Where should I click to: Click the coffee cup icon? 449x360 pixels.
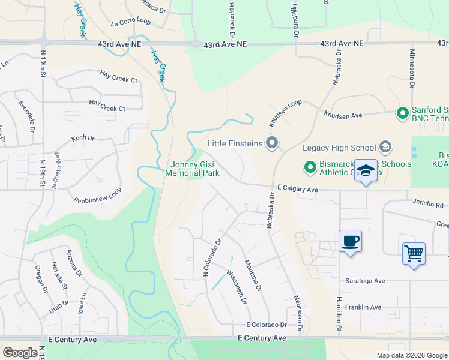[350, 242]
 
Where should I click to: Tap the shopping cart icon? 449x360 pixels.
[414, 254]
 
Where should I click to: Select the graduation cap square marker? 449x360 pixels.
[365, 171]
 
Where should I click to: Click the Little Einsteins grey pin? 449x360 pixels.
[272, 143]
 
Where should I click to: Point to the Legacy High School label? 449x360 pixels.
[339, 148]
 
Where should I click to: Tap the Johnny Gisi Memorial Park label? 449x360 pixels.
[194, 169]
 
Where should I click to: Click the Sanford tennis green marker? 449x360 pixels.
[402, 112]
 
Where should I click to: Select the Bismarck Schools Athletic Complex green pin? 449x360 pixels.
[310, 167]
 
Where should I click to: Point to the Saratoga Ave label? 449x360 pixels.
[364, 280]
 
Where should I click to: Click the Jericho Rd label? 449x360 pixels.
[427, 205]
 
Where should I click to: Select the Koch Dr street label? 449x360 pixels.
[83, 138]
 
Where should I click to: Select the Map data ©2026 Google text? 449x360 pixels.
[411, 355]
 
